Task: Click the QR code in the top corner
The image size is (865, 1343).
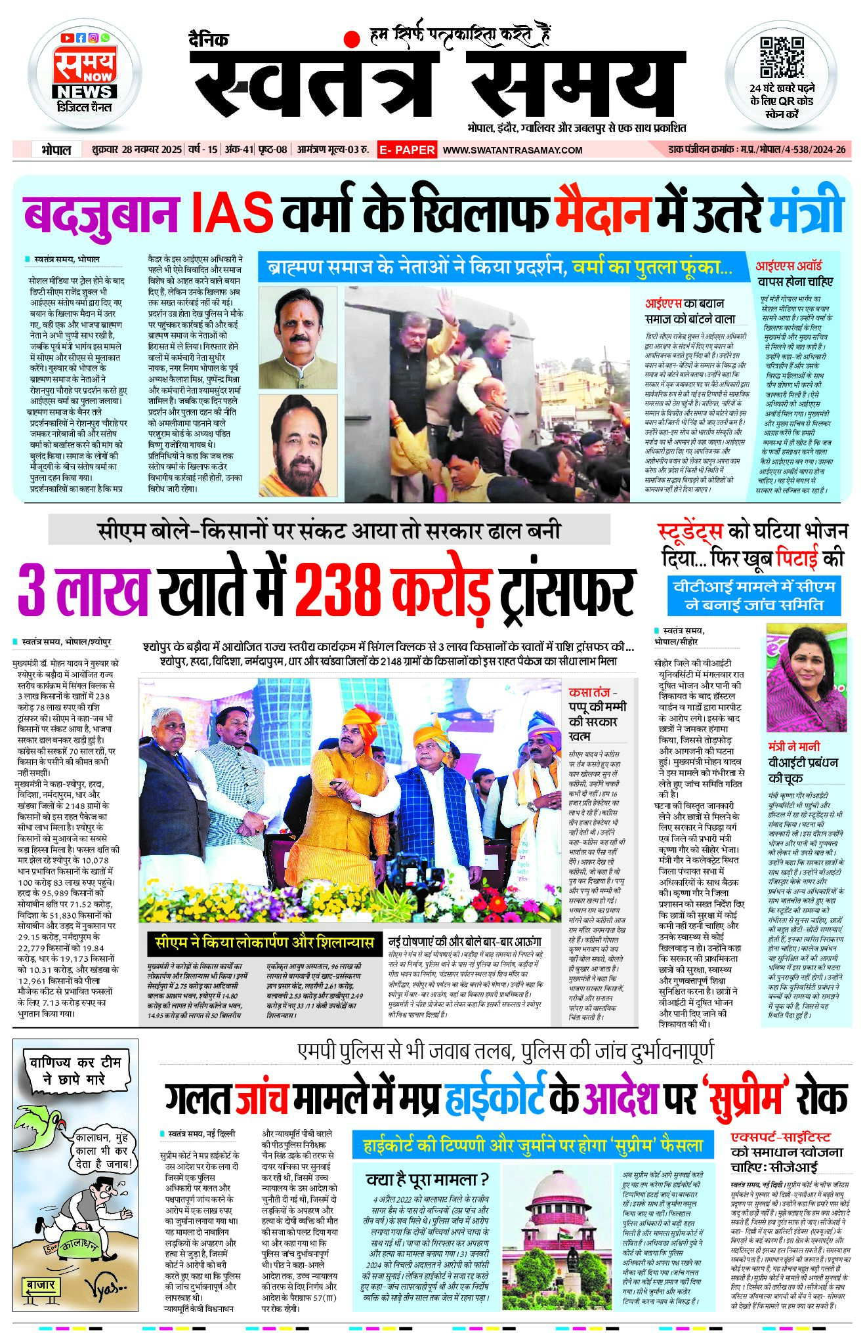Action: click(x=781, y=58)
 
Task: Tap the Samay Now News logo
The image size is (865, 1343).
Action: click(x=85, y=73)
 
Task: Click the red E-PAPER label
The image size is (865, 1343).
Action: click(x=407, y=150)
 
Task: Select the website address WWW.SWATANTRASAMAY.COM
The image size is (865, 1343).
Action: click(x=513, y=150)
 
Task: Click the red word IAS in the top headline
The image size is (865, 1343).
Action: click(x=232, y=211)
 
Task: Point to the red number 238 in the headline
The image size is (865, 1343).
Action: click(x=337, y=588)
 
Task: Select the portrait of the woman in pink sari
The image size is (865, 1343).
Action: click(x=807, y=678)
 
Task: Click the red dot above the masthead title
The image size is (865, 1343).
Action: click(x=352, y=39)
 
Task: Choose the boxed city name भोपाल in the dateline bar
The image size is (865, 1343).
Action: click(x=56, y=150)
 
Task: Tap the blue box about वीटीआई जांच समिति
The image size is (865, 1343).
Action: click(x=754, y=595)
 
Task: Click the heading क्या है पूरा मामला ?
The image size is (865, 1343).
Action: click(x=427, y=1180)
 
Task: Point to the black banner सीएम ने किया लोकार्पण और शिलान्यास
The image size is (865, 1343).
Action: click(x=264, y=943)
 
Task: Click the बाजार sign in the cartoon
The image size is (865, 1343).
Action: click(x=41, y=1285)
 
